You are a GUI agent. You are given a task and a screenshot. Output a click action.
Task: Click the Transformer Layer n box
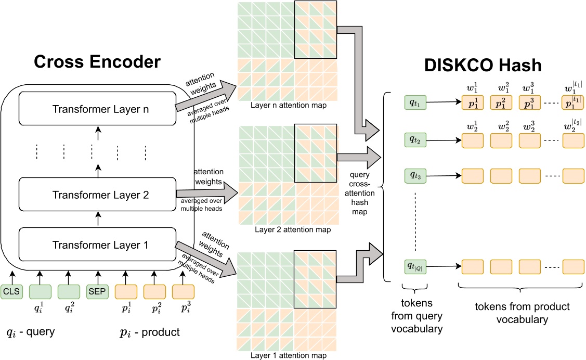point(96,109)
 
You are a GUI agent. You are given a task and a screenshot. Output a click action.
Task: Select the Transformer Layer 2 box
point(96,195)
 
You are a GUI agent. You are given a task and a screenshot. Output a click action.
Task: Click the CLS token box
point(11,291)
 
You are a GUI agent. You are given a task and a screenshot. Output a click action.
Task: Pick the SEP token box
point(97,291)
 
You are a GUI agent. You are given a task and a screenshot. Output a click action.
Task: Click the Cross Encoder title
point(97,62)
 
